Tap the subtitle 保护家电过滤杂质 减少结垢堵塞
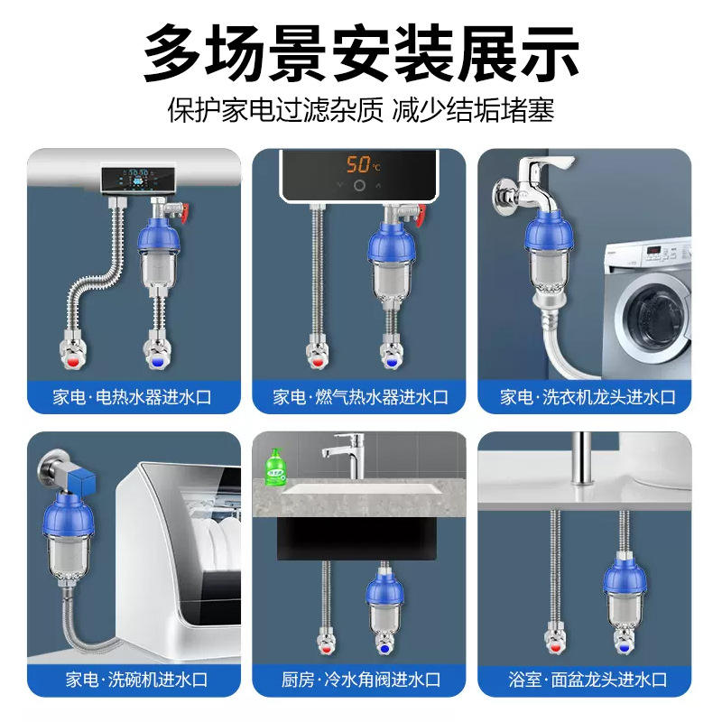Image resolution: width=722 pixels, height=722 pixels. point(361,111)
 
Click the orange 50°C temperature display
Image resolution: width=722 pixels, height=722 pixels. point(364,164)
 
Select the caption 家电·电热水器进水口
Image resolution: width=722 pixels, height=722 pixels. point(132,397)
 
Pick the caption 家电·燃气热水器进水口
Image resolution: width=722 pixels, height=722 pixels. point(360,397)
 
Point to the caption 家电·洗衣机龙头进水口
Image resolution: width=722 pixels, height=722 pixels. point(588,397)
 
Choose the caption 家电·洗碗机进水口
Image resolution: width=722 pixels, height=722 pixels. point(136,680)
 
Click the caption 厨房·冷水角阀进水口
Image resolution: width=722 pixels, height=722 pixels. point(361,680)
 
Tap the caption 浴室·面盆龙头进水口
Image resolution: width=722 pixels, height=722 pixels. point(588,680)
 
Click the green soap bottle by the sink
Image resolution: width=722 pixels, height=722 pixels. point(275,467)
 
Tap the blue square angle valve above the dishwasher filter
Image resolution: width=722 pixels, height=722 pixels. point(81,480)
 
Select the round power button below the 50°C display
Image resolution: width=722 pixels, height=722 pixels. point(359,186)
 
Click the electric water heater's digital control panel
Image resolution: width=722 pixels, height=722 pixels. point(138,180)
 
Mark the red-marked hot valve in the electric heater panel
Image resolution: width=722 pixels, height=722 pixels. point(74,352)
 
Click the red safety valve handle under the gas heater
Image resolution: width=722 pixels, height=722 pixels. point(420,216)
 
